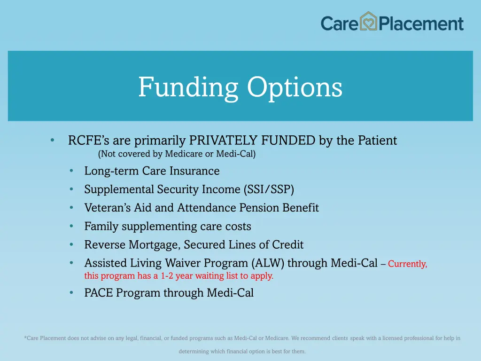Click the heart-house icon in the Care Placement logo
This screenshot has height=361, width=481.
pyautogui.click(x=369, y=22)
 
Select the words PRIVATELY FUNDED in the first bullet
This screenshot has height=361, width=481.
pyautogui.click(x=252, y=141)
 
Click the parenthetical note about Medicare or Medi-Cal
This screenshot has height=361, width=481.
pyautogui.click(x=177, y=154)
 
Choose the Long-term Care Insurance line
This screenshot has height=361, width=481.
pyautogui.click(x=152, y=171)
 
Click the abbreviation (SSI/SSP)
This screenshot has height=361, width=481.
pyautogui.click(x=269, y=189)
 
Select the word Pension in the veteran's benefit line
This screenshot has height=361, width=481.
pyautogui.click(x=260, y=208)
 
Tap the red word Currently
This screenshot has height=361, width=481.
pyautogui.click(x=407, y=264)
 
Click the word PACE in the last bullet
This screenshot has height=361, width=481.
pyautogui.click(x=99, y=293)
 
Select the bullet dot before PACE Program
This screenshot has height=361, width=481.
pyautogui.click(x=71, y=293)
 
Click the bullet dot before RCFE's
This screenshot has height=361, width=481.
pyautogui.click(x=53, y=141)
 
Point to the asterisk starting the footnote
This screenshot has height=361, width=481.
pyautogui.click(x=25, y=337)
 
